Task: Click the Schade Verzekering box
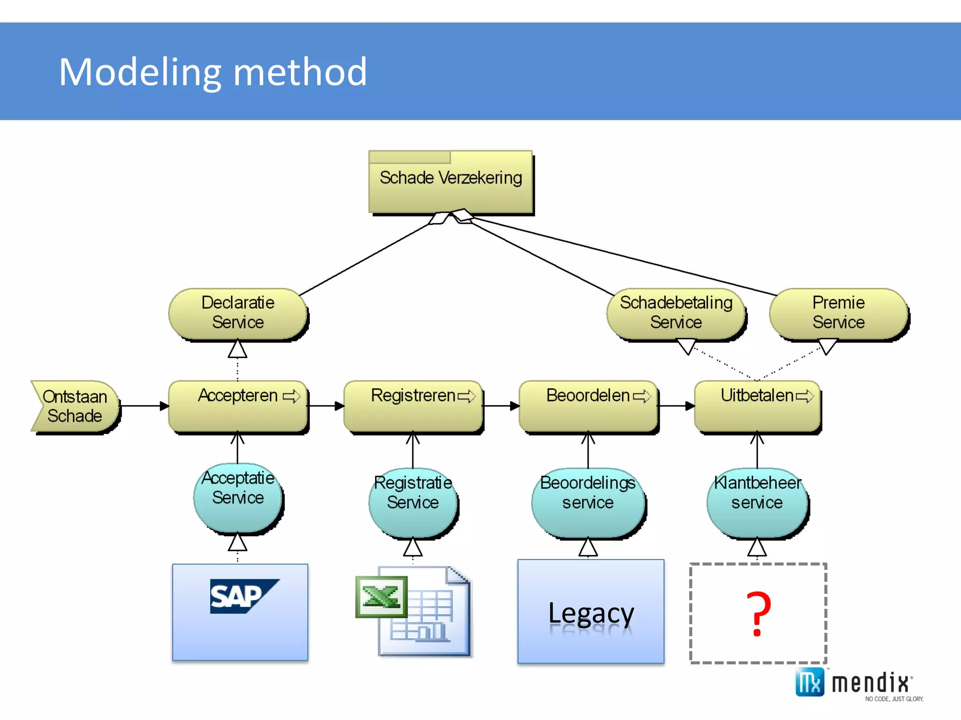(450, 183)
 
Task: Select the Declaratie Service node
(238, 313)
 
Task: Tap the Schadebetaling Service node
(676, 313)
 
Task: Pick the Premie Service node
(839, 313)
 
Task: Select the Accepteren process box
(238, 406)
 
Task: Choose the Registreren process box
(413, 406)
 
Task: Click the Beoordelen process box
(588, 406)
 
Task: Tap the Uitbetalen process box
(757, 406)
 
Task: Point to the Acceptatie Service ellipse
(238, 497)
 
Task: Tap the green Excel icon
(381, 597)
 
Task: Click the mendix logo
(854, 683)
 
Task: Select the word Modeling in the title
(140, 72)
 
